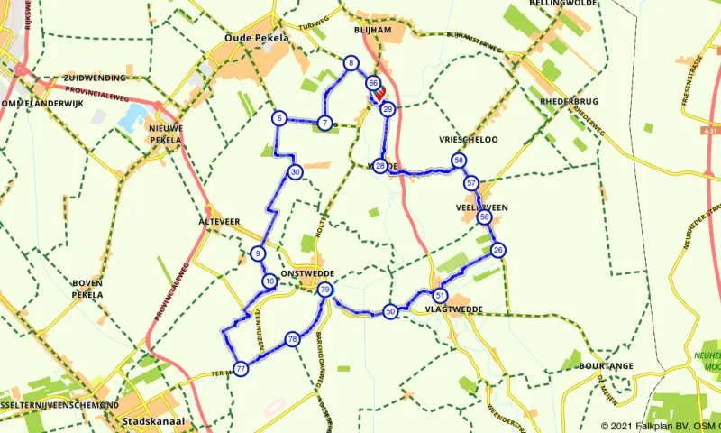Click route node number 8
coord(350,62)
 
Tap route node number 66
coord(372,83)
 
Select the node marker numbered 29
coord(387,109)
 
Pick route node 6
coord(279,118)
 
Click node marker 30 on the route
coord(295,172)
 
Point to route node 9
coord(258,253)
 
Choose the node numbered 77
coord(241,367)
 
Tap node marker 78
coord(291,339)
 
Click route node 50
coord(390,311)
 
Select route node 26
coord(498,250)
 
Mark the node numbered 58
coord(459,161)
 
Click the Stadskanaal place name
coord(148,419)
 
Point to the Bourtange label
coord(608,366)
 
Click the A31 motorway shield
coord(711,132)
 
